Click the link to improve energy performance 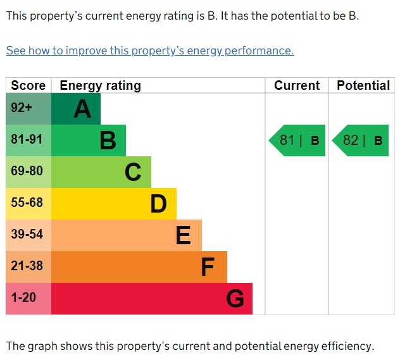(150, 51)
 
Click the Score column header (28, 85)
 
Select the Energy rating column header (101, 86)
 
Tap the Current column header (297, 85)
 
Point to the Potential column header (363, 85)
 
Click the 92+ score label (22, 108)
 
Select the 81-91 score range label (27, 139)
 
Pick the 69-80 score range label (27, 171)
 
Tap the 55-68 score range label (27, 202)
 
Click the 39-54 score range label (27, 234)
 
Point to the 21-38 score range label (27, 266)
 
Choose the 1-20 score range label (23, 297)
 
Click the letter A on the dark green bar (82, 109)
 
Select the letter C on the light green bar (133, 172)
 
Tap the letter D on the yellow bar (159, 204)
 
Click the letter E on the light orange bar (184, 235)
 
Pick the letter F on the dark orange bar (208, 267)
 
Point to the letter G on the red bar (235, 299)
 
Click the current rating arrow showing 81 (297, 140)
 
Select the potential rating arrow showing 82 (360, 140)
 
